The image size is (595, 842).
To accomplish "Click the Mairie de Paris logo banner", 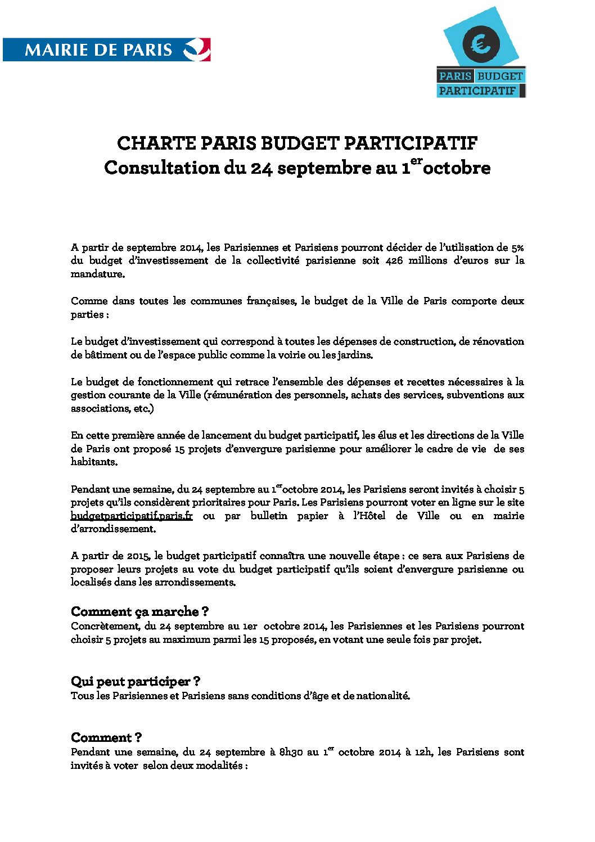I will click(107, 49).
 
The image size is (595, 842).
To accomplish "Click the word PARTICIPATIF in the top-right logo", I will click(477, 91).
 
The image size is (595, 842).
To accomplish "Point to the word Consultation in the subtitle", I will click(162, 168).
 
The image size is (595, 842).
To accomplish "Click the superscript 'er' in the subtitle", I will click(416, 161).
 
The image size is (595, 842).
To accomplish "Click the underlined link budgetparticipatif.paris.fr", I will click(132, 516).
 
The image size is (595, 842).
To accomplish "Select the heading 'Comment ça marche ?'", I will click(140, 611).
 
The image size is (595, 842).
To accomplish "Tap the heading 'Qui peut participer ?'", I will click(136, 682).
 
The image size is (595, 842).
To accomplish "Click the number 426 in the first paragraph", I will click(394, 260).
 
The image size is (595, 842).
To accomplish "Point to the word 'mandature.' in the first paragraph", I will click(98, 274).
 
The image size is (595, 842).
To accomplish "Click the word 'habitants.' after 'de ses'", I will click(94, 462).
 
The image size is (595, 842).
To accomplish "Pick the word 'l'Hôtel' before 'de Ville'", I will click(369, 516).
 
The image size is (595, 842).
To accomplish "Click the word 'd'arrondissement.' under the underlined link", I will click(113, 529).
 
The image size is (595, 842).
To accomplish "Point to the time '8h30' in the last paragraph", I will click(291, 752).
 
